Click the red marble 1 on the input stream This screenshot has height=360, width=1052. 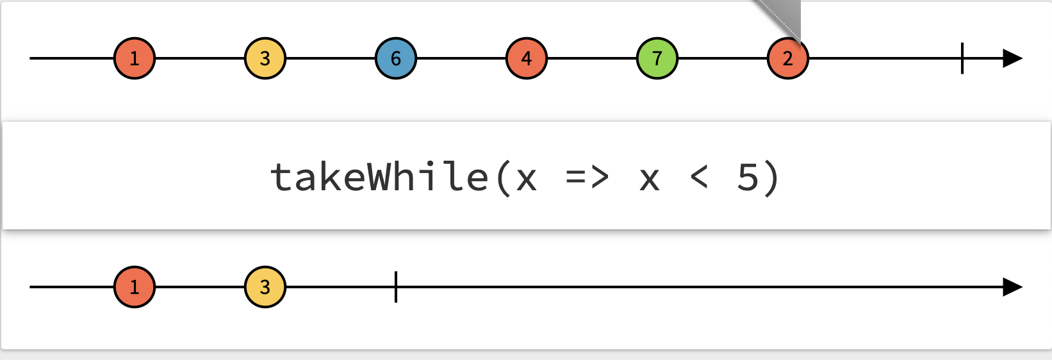(x=135, y=58)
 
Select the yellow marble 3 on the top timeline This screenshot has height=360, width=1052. (x=265, y=58)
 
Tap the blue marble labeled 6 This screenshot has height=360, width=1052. (x=396, y=58)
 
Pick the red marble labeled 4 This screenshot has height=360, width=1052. (x=527, y=58)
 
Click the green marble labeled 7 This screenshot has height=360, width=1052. (x=657, y=58)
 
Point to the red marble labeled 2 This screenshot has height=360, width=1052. (x=788, y=58)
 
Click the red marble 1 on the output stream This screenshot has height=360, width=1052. (x=135, y=287)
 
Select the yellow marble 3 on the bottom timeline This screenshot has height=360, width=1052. (x=265, y=287)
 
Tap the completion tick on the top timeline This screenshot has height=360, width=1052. (x=962, y=58)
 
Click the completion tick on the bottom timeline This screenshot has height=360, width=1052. (x=396, y=287)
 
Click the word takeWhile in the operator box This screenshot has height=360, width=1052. (x=379, y=177)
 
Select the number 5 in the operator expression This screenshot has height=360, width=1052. (x=748, y=177)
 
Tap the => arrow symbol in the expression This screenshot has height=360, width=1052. (x=587, y=177)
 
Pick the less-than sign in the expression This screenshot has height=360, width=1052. (x=699, y=177)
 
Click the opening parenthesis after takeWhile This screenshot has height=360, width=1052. (x=504, y=177)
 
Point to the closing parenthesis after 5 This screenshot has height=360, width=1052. (x=771, y=177)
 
